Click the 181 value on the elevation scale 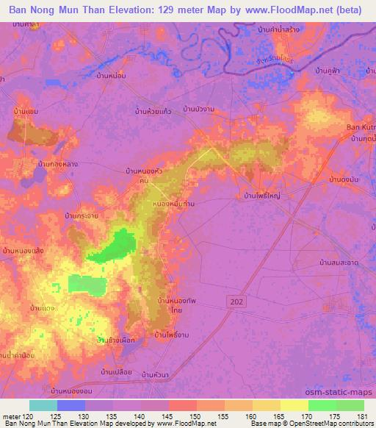tap(360, 416)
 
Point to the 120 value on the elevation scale tap(29, 416)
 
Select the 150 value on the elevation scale tap(196, 416)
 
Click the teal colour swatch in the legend tap(43, 405)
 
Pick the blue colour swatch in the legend tap(71, 405)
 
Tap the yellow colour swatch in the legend tap(294, 405)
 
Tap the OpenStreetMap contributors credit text tap(321, 424)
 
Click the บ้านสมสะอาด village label tap(338, 262)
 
